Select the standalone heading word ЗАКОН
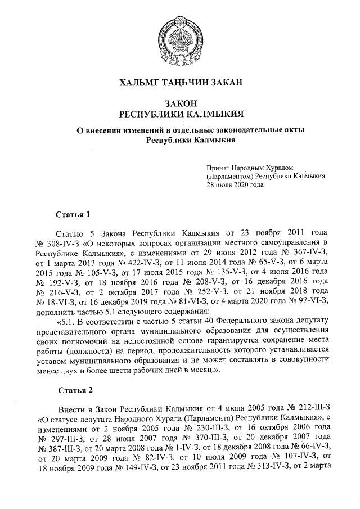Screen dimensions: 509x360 click(179, 103)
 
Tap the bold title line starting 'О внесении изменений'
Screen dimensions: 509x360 click(179, 130)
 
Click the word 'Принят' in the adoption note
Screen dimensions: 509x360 click(218, 167)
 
